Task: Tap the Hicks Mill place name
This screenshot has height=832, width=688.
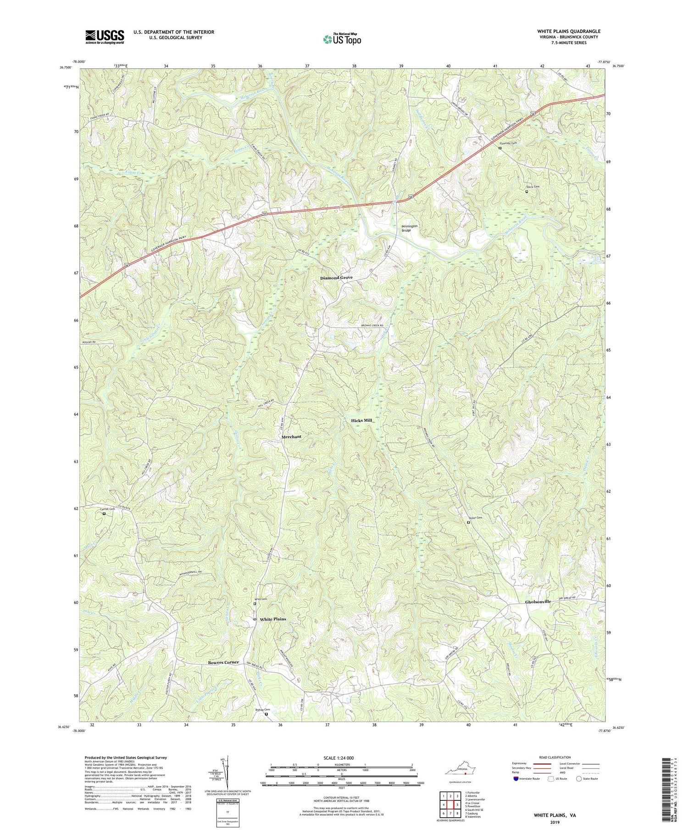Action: click(361, 420)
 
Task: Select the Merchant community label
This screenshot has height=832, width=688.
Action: click(291, 436)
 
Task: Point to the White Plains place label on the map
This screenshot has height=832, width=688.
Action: click(273, 619)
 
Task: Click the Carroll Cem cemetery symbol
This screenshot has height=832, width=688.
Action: click(104, 514)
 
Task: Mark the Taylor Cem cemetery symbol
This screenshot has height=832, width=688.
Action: click(468, 522)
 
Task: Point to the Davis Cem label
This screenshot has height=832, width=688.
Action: click(533, 187)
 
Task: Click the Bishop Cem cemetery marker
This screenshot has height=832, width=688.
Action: click(266, 727)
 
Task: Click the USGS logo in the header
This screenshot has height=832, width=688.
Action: click(104, 36)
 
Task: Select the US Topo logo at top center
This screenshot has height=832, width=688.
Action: click(342, 39)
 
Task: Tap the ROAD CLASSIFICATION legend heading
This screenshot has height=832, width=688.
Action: click(555, 757)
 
